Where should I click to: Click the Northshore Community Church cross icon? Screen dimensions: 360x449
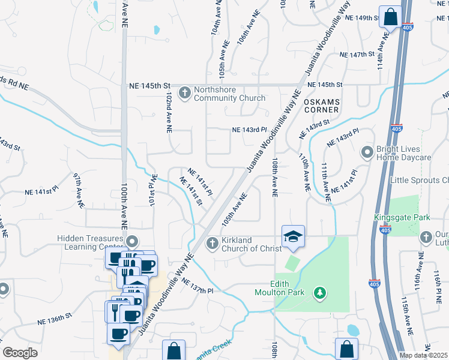[185, 92]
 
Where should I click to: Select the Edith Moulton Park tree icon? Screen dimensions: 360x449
[321, 292]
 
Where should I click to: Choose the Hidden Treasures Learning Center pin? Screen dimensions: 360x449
[133, 242]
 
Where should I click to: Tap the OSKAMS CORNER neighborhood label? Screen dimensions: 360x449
[321, 106]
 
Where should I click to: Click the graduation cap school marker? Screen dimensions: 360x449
[293, 238]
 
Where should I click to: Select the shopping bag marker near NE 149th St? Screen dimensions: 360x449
[390, 18]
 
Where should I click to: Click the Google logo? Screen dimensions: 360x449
[20, 352]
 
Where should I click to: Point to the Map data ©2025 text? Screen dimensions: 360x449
[424, 355]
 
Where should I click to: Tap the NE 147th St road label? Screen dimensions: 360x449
[357, 54]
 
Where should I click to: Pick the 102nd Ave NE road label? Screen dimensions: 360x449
[169, 112]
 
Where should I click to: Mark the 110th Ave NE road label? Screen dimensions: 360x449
[304, 172]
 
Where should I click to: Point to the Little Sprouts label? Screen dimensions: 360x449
[419, 180]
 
